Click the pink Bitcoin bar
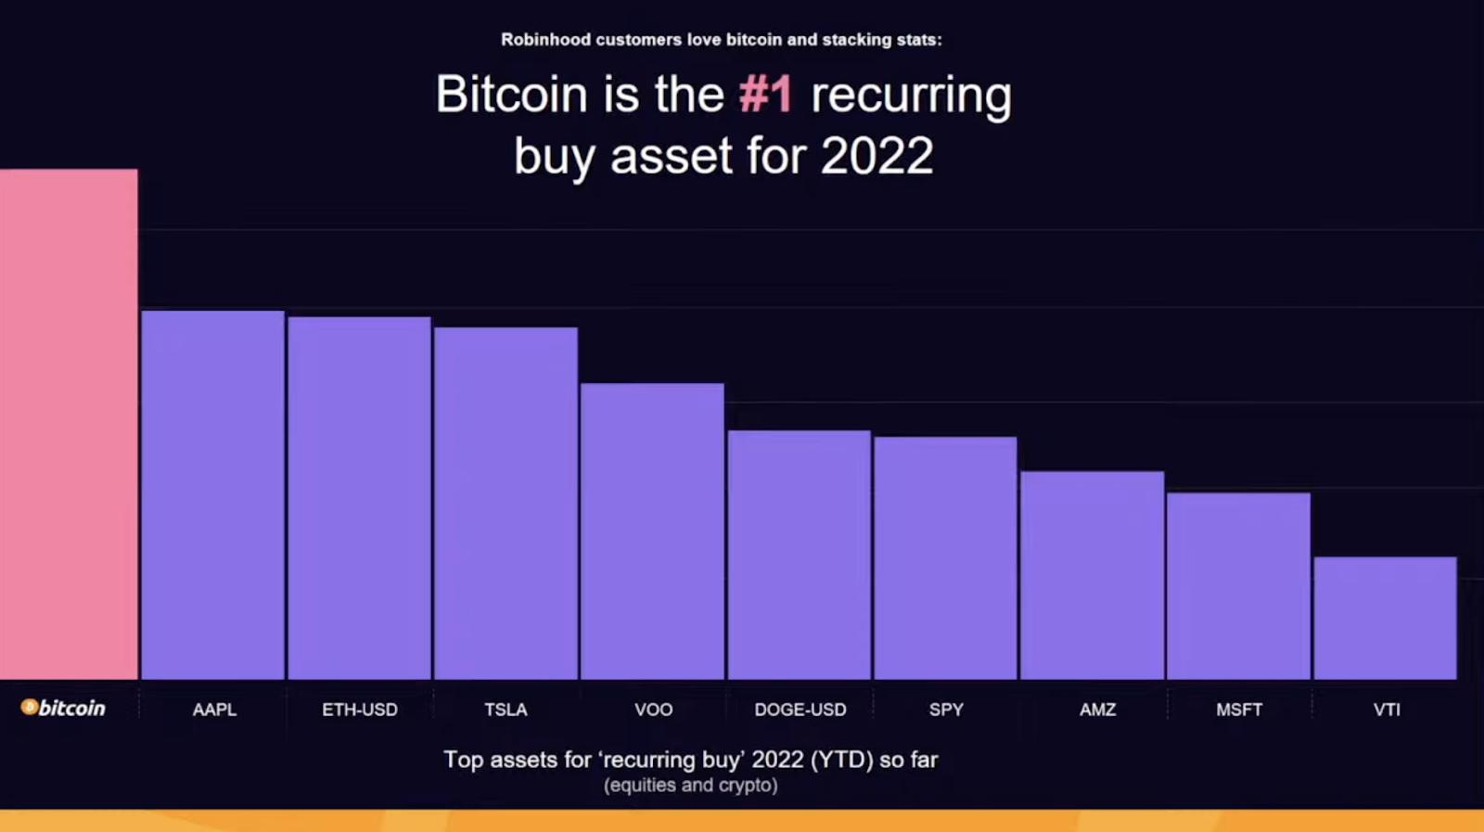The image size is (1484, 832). click(x=69, y=424)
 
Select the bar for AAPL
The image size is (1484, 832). click(x=212, y=494)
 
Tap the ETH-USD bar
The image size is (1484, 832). click(x=359, y=498)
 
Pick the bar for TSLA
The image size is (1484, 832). click(x=505, y=504)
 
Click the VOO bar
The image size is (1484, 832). click(x=652, y=531)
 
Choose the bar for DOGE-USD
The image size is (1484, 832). click(x=799, y=555)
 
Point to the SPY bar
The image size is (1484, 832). click(x=945, y=557)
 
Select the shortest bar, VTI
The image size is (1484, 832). click(x=1386, y=618)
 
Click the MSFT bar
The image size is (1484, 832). click(x=1238, y=585)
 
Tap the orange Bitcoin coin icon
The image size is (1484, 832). click(x=29, y=707)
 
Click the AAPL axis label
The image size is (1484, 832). click(x=214, y=710)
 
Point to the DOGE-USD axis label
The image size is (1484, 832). click(x=800, y=710)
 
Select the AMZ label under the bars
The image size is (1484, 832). click(x=1098, y=710)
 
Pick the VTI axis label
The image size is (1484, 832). click(x=1387, y=710)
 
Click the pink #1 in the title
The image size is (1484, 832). click(x=765, y=94)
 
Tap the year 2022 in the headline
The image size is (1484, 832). click(x=876, y=156)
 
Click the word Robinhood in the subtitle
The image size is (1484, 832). click(x=545, y=40)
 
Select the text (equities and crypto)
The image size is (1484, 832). click(x=690, y=786)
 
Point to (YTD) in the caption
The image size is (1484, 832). click(x=841, y=760)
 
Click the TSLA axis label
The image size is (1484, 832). click(x=505, y=710)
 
